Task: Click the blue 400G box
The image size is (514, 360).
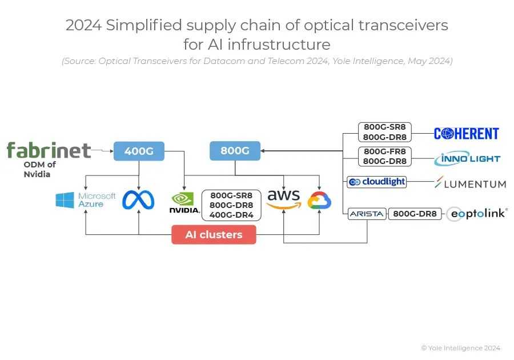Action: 139,151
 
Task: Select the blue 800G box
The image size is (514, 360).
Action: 235,151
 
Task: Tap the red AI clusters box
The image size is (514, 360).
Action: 214,234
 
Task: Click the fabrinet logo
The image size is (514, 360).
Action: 49,150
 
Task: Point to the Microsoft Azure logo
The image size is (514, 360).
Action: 86,200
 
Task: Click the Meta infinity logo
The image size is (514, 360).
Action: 138,200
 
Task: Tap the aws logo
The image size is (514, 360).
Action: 283,199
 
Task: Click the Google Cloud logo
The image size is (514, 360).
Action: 319,201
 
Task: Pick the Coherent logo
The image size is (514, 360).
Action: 466,134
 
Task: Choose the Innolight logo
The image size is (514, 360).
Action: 467,159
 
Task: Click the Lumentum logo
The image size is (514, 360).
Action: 470,183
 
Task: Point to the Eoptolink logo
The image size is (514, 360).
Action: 476,214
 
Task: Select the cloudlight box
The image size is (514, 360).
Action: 377,182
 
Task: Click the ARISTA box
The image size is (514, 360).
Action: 367,214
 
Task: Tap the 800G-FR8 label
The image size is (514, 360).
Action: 385,152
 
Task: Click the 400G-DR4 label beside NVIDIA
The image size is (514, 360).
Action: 231,215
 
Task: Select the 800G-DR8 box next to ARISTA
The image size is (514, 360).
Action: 415,214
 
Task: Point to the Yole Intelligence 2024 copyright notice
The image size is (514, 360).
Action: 460,348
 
